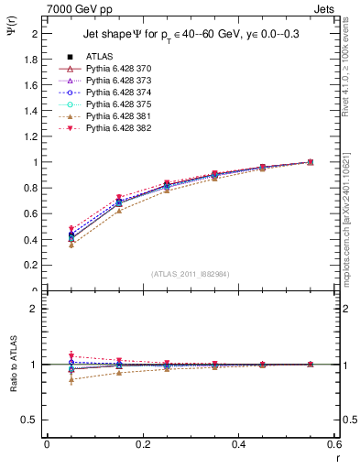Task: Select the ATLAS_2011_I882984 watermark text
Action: (191, 274)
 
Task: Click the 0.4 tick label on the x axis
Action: (238, 444)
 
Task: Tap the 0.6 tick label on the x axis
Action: (334, 444)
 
